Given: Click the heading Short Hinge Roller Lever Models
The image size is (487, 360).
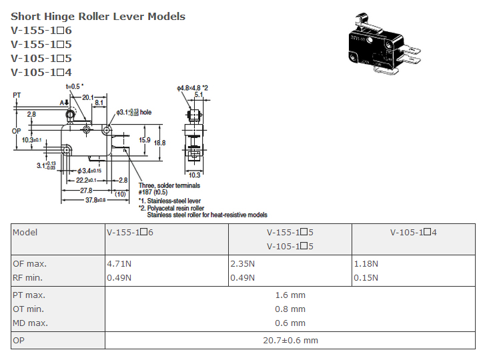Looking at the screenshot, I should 98,16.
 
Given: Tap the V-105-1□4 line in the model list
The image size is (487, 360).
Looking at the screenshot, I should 41,72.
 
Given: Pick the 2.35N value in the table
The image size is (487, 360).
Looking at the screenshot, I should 242,263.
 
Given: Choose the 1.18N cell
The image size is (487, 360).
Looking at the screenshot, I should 366,263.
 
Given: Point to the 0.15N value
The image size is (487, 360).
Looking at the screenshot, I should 366,277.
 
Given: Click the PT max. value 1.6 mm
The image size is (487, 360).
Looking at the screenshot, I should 290,295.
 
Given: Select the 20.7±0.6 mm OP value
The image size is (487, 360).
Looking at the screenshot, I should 290,340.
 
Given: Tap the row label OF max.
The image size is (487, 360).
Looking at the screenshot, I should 30,263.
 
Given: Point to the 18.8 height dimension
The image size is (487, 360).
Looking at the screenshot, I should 160,143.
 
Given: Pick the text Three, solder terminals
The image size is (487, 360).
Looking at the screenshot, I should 169,185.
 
